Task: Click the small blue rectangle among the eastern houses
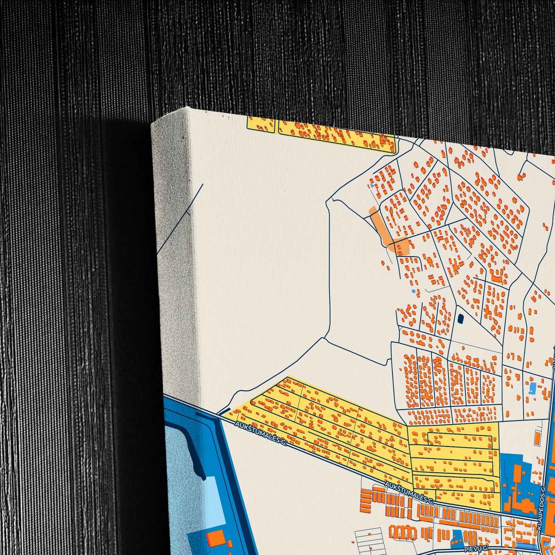(532, 388)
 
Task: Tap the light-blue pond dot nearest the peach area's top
(372, 186)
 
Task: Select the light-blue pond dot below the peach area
(413, 291)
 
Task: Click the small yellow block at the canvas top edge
(261, 124)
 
